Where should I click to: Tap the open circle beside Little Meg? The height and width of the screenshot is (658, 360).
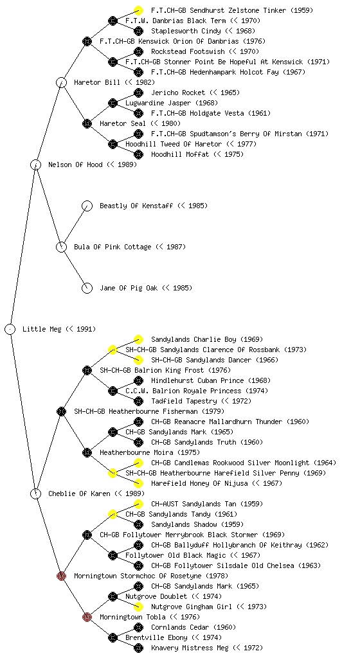pyautogui.click(x=10, y=329)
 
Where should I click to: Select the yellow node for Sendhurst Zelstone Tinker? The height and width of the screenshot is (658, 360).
pyautogui.click(x=138, y=10)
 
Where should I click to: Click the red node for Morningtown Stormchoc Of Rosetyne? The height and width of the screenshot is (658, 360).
pyautogui.click(x=61, y=576)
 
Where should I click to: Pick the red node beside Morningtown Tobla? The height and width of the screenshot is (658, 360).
pyautogui.click(x=87, y=617)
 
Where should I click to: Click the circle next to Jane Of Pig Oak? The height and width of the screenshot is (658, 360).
pyautogui.click(x=87, y=288)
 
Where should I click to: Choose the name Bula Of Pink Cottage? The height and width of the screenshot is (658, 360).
pyautogui.click(x=113, y=247)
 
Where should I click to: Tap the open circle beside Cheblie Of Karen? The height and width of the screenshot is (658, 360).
pyautogui.click(x=35, y=493)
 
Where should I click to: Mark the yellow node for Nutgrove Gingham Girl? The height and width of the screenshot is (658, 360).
pyautogui.click(x=138, y=607)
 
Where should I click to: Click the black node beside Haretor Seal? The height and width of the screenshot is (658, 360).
pyautogui.click(x=87, y=123)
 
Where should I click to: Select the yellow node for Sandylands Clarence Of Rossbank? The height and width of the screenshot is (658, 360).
pyautogui.click(x=113, y=350)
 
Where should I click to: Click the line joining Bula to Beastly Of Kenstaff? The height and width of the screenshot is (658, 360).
pyautogui.click(x=75, y=226)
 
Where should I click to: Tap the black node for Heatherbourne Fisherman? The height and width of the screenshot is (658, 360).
pyautogui.click(x=61, y=411)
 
